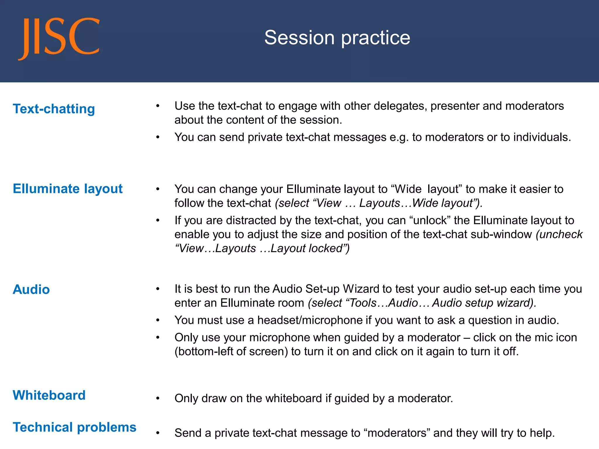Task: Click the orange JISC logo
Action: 58,38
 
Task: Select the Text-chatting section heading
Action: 54,109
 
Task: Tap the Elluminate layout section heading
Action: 68,189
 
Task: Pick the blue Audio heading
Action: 31,289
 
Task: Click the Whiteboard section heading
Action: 49,395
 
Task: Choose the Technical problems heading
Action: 75,427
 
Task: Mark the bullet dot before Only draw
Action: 158,398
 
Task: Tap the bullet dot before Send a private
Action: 158,433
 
